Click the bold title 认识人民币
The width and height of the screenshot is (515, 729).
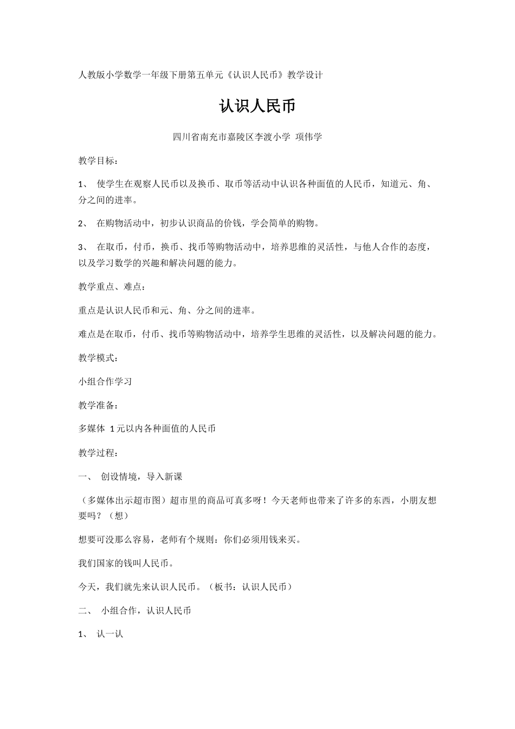[x=257, y=106]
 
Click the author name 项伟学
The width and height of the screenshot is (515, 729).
[x=308, y=137]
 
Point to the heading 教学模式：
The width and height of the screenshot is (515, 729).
[x=98, y=358]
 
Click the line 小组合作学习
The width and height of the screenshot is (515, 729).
[x=105, y=381]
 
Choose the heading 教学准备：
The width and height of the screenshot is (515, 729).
[x=98, y=405]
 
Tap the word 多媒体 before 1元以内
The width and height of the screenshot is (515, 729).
[x=92, y=429]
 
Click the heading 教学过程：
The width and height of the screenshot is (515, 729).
[x=98, y=452]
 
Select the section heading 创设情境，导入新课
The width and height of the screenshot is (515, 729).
[x=141, y=476]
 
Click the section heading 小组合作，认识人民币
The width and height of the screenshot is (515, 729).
[x=146, y=611]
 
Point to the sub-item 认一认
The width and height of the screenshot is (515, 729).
[x=110, y=634]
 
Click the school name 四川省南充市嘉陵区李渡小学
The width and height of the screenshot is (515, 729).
[x=231, y=137]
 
